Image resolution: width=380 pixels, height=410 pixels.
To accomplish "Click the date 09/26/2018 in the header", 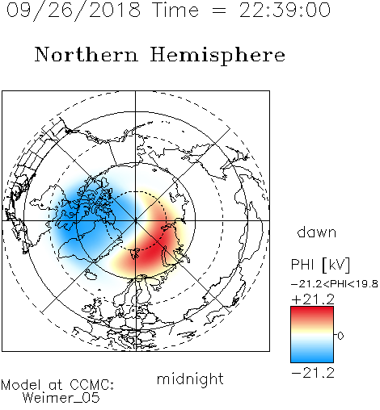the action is pos(74,10).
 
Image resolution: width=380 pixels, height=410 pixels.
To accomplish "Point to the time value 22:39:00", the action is pos(285,10).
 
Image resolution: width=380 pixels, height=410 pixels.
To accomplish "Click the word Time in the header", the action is pos(175,10).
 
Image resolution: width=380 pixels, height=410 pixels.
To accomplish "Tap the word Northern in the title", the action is pos(87,54).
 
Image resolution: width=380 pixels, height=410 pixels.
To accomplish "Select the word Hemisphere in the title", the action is pos(217,56).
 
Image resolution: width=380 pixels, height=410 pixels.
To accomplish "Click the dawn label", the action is pos(317,232).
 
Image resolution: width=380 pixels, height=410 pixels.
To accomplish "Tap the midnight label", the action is pos(190,379).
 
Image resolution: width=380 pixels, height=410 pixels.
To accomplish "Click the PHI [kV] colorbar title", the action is pos(320,265).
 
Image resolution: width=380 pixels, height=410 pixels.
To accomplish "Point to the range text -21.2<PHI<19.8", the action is pos(335,284).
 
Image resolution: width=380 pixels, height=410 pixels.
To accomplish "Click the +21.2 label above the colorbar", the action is pos(313,299).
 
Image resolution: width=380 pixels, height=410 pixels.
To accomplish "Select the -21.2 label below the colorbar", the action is pos(313,373).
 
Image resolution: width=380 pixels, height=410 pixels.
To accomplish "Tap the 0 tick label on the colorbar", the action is pos(340,336).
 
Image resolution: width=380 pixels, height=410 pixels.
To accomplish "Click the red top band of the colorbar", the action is pos(312,313).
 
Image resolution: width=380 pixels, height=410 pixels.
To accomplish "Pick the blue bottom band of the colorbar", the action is pos(312,356).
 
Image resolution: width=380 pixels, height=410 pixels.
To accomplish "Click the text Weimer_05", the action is pos(61,398).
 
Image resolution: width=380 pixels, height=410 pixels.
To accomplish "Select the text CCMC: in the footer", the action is pos(92,385).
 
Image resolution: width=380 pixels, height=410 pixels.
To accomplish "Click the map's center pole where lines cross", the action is pos(135,220).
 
